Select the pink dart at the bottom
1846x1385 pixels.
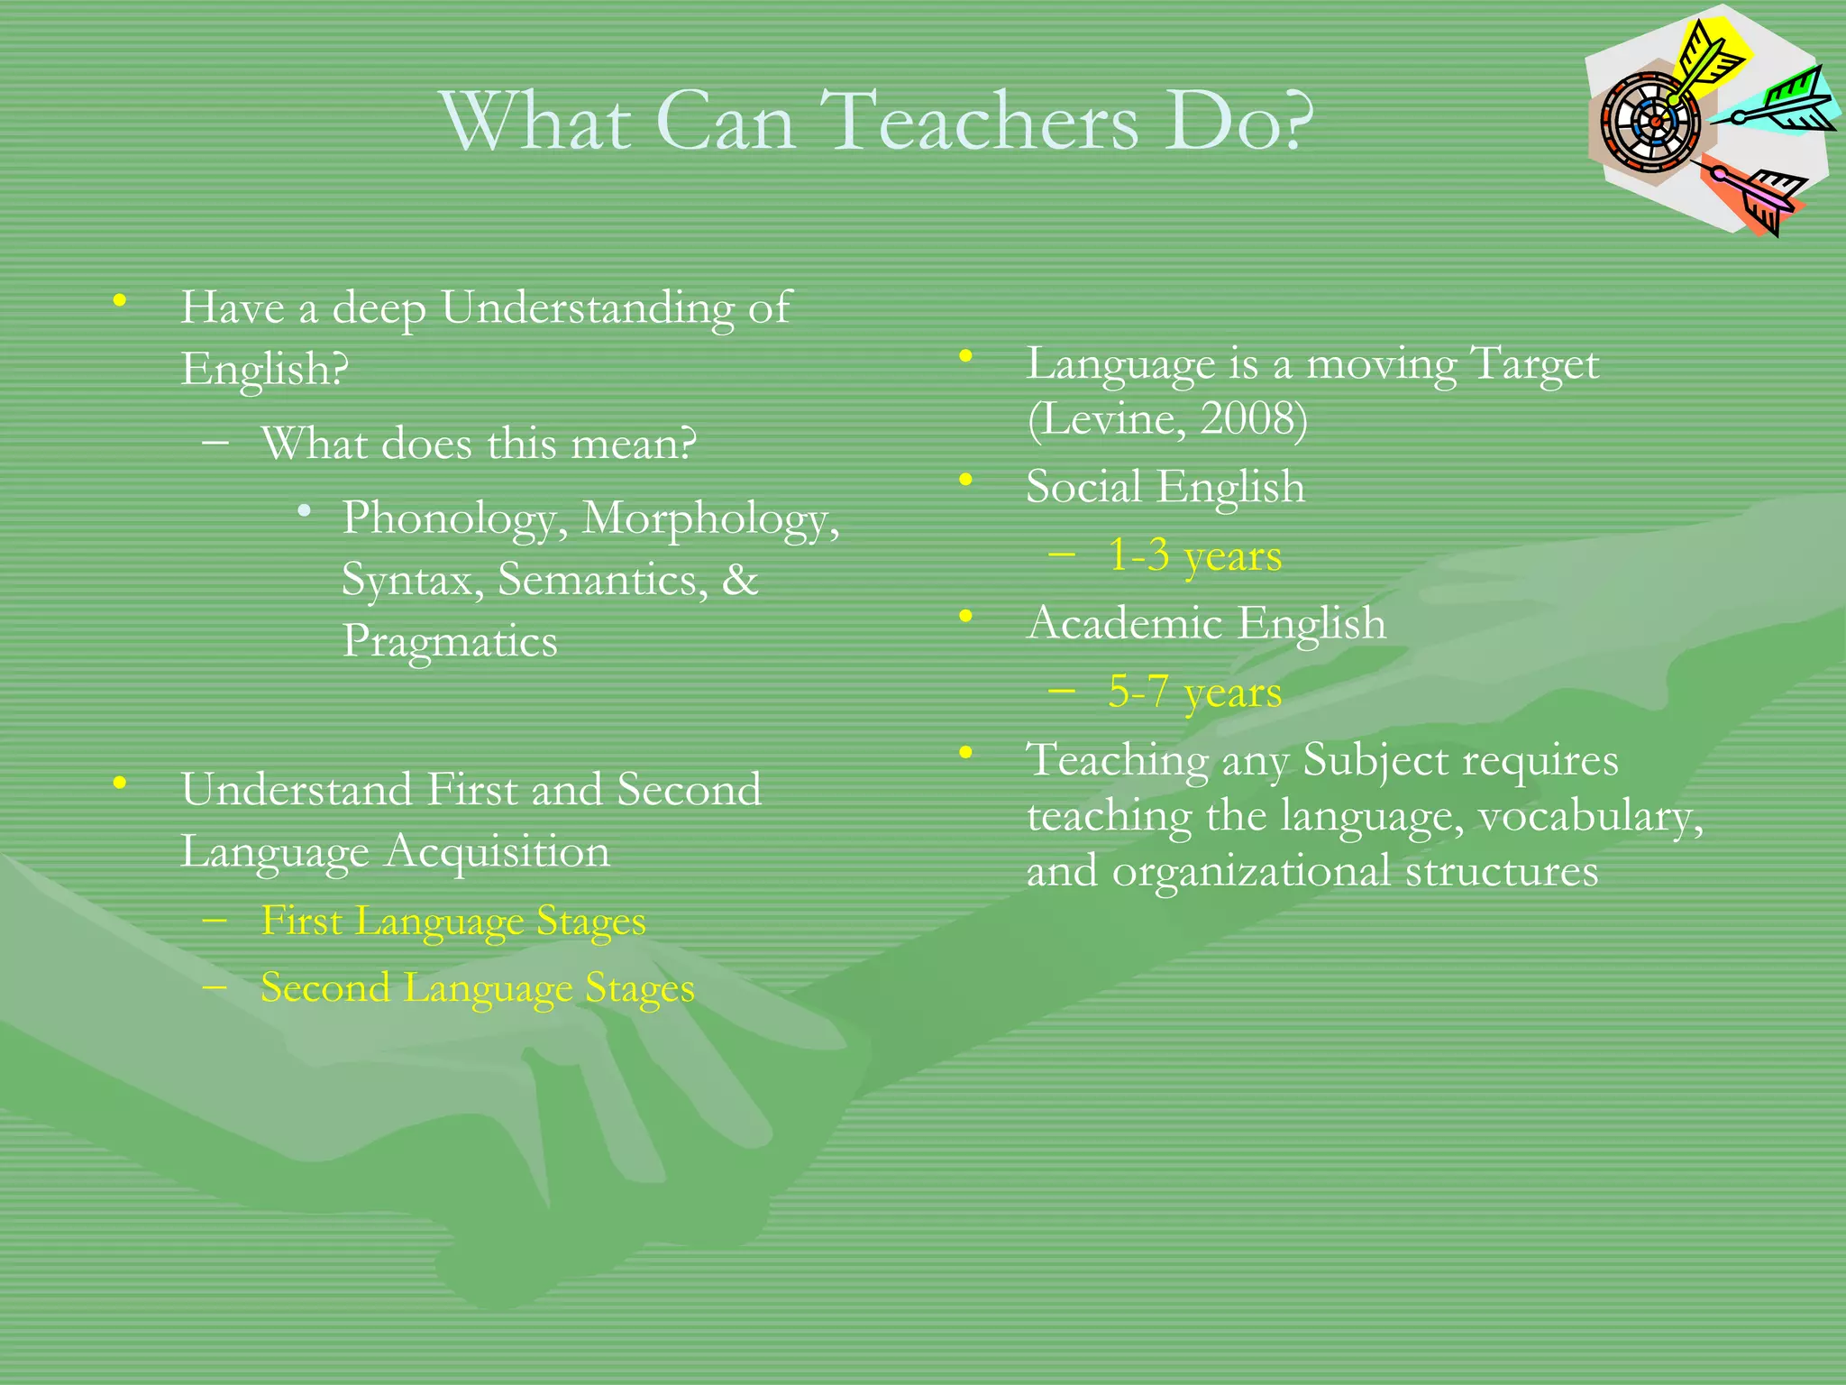(x=1758, y=194)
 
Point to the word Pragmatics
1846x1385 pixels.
(x=450, y=643)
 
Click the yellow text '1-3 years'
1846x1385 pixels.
(x=1194, y=556)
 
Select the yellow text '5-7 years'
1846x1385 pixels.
(x=1194, y=692)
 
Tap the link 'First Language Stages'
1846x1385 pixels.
(x=453, y=922)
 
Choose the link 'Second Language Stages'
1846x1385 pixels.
(x=478, y=988)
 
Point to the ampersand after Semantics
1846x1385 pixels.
(x=739, y=580)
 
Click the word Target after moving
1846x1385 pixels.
(x=1534, y=365)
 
